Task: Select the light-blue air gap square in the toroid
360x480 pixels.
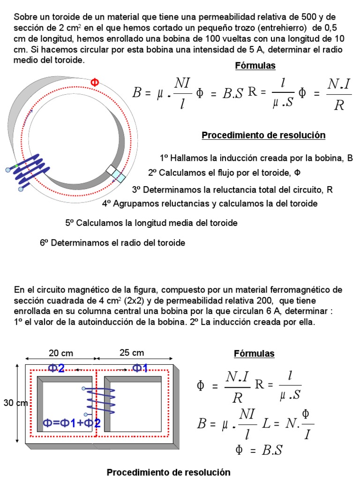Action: [x=119, y=176]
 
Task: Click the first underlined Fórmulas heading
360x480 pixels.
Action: [x=255, y=66]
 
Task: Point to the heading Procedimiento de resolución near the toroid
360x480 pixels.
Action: [x=263, y=135]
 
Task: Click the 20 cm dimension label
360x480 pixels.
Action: [x=61, y=353]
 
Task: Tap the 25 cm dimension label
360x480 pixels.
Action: [x=132, y=352]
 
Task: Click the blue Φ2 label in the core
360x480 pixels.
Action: [x=57, y=368]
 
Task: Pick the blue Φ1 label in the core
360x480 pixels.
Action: [x=140, y=368]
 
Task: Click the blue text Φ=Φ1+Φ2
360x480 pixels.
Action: [x=72, y=423]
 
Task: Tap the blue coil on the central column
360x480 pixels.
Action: [x=100, y=401]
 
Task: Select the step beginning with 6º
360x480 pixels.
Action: [x=112, y=243]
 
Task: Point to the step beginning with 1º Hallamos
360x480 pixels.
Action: [x=256, y=158]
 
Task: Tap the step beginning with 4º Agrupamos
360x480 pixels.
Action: [x=210, y=203]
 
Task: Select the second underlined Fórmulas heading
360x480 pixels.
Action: [x=254, y=353]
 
